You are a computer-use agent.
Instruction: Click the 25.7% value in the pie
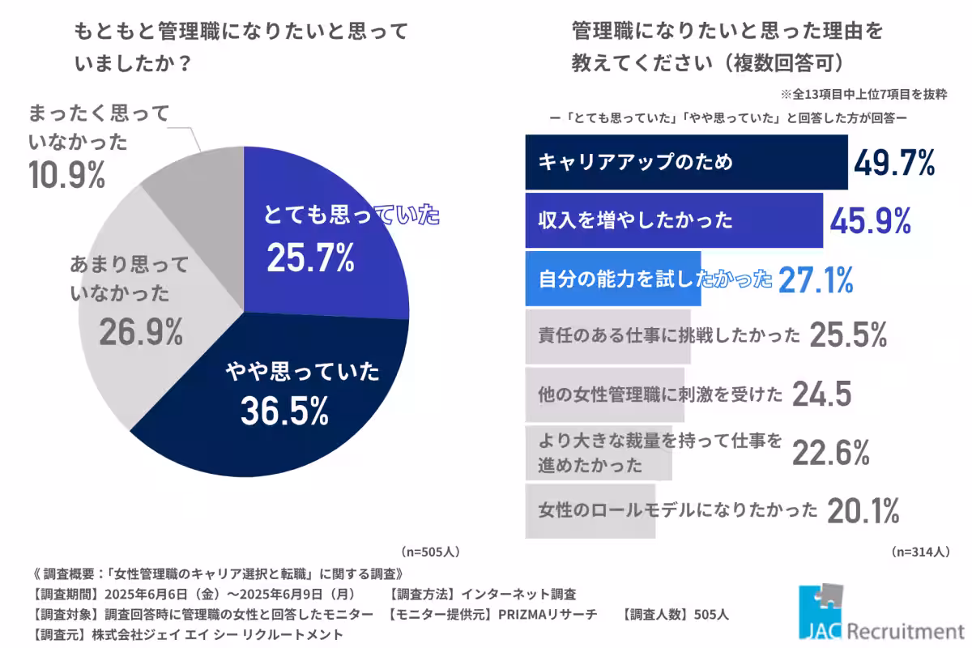point(310,258)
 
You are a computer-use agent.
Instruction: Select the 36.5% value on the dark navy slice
point(284,411)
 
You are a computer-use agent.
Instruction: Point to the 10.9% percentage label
point(66,176)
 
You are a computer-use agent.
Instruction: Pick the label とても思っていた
point(351,215)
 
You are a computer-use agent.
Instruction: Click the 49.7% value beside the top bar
point(893,162)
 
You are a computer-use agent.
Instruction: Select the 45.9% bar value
point(870,220)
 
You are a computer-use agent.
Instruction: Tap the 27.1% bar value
point(816,279)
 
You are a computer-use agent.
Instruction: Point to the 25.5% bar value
point(848,335)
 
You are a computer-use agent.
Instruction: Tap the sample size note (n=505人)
point(430,552)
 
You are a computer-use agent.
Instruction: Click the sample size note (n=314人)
point(920,552)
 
